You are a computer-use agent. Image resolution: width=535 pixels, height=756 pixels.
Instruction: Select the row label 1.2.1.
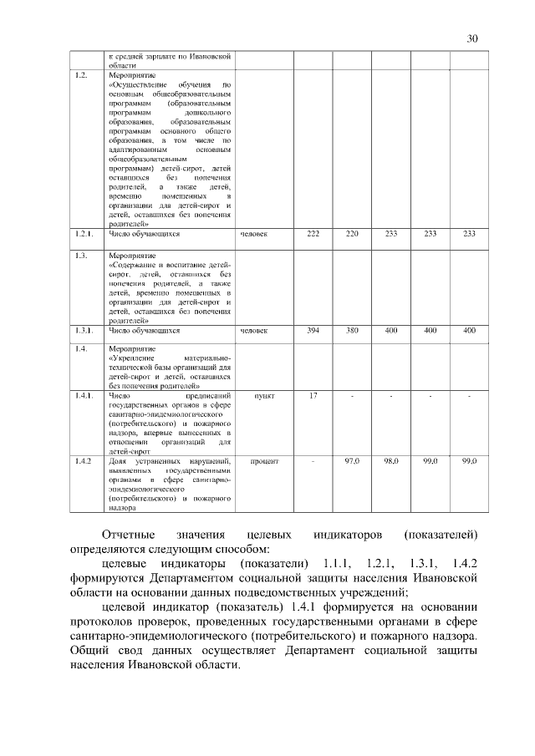tap(84, 234)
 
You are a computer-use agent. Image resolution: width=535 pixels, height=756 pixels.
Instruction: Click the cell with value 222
tap(313, 234)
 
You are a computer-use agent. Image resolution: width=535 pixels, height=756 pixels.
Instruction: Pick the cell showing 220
tap(352, 234)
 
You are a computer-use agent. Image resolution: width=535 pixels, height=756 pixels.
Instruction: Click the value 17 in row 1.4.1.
tap(313, 395)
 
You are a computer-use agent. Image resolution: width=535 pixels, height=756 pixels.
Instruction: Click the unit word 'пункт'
tap(264, 395)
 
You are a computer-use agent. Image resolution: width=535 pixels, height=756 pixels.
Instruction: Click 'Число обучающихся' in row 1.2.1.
tap(145, 234)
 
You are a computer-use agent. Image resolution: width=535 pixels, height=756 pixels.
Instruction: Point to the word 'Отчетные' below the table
tap(130, 534)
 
